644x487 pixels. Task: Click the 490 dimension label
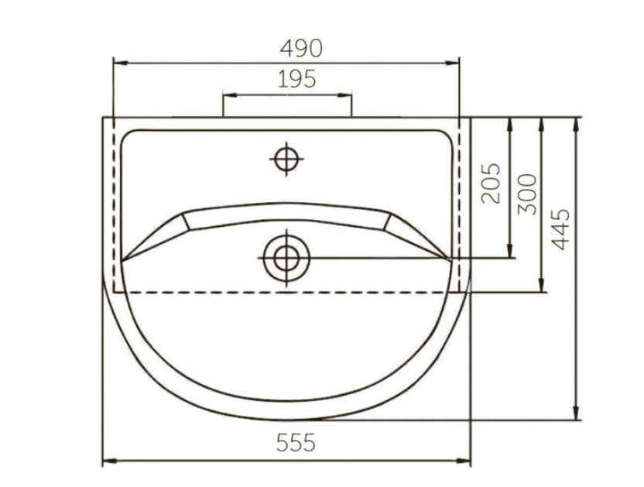(x=301, y=48)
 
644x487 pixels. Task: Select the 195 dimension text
(x=297, y=79)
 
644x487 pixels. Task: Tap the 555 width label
(x=296, y=443)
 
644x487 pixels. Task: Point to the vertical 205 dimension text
(x=492, y=183)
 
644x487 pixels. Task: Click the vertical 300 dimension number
(x=528, y=194)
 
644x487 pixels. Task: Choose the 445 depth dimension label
(x=560, y=229)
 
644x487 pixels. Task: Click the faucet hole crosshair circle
(x=286, y=159)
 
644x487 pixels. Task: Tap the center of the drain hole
(x=286, y=259)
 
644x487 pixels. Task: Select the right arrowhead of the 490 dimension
(x=452, y=63)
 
